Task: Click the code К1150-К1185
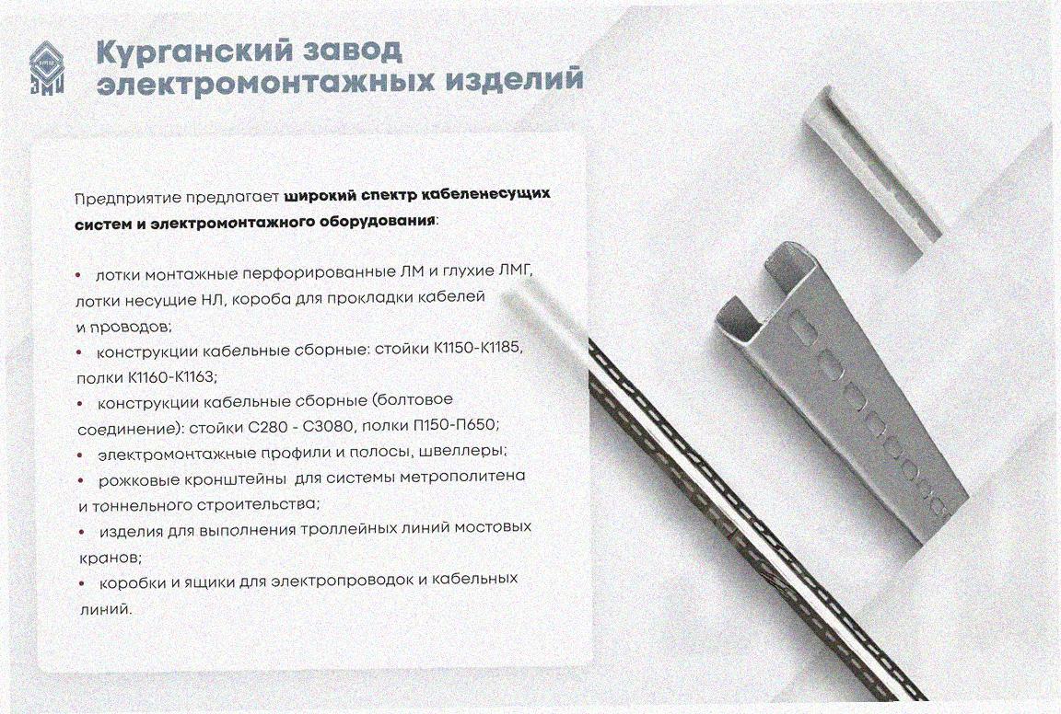tap(478, 349)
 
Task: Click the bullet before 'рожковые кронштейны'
tap(80, 480)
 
